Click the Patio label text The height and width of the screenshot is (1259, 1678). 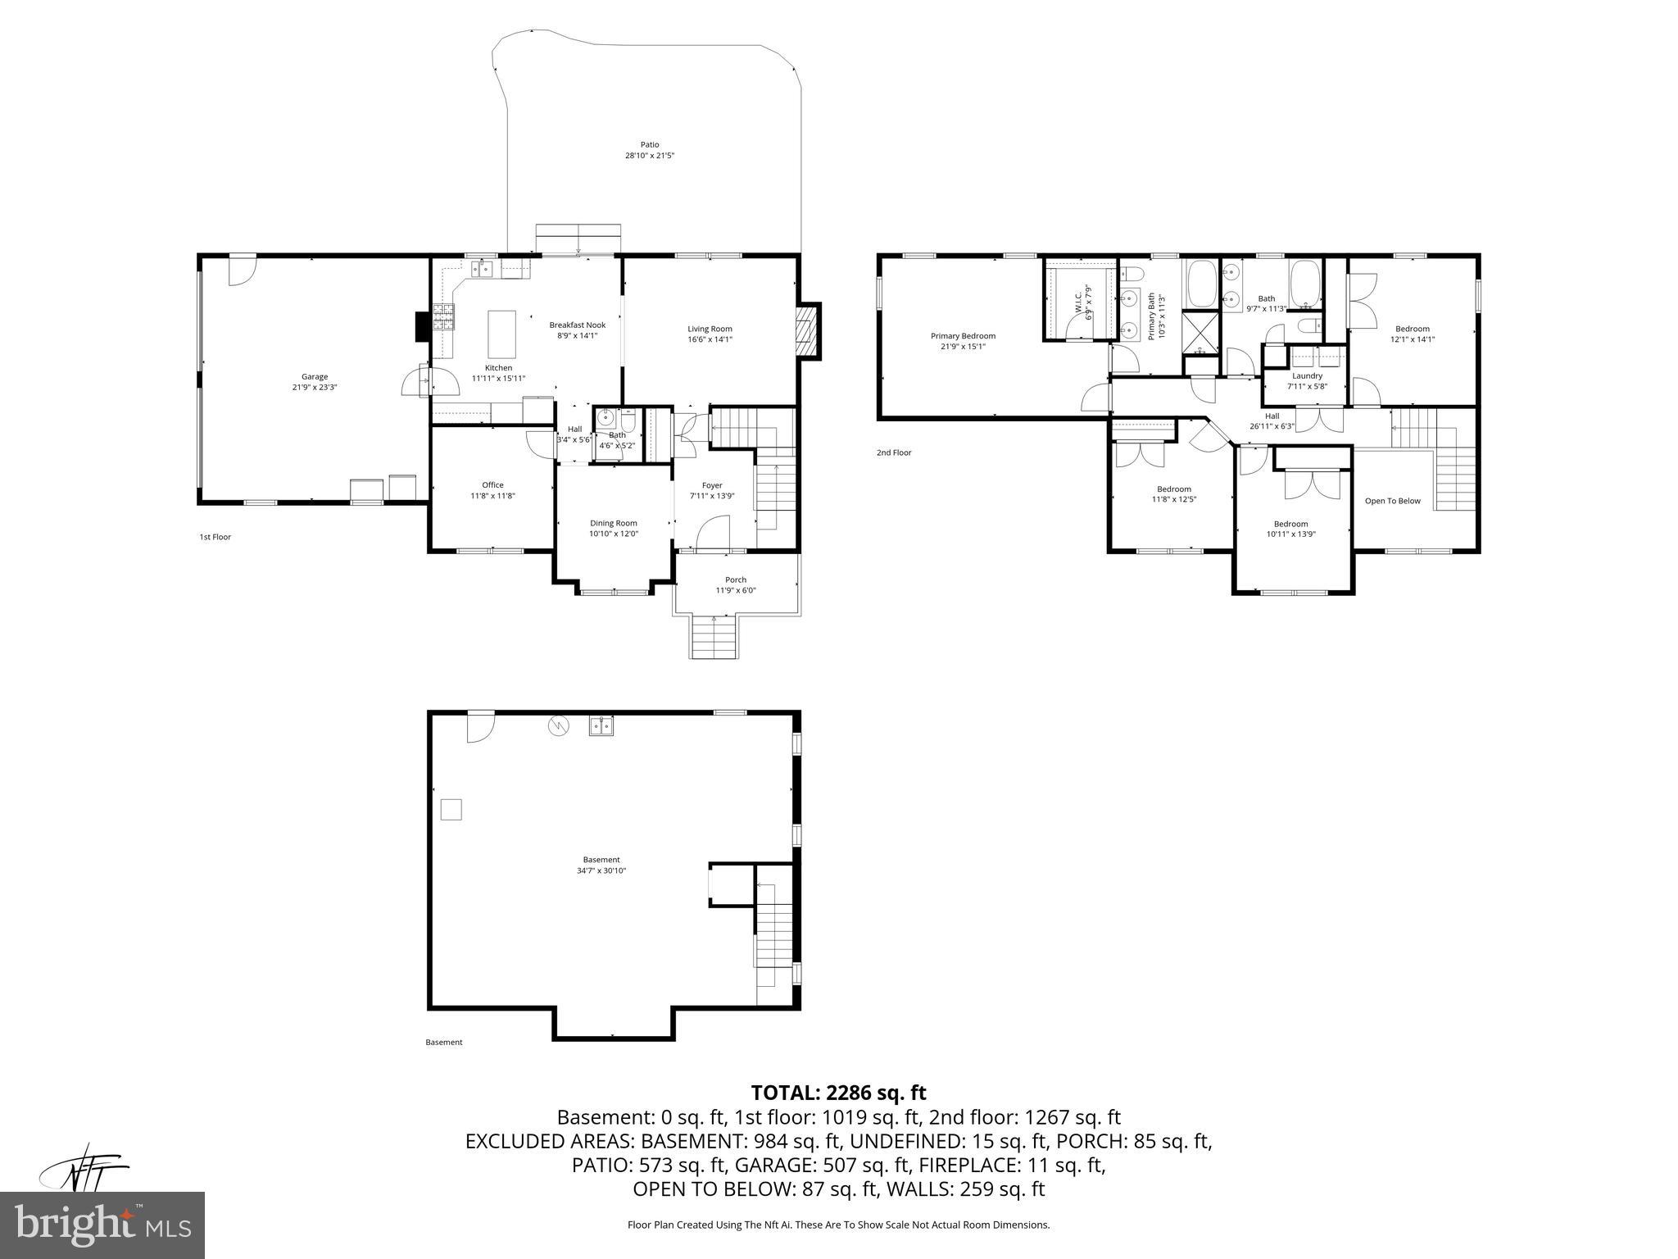(649, 145)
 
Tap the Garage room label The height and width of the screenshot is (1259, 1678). (315, 377)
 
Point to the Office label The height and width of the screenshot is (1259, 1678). (492, 485)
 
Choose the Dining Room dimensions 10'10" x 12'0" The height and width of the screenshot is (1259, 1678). (614, 534)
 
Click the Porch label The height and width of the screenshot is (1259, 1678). (736, 580)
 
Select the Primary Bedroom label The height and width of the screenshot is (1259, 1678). (963, 336)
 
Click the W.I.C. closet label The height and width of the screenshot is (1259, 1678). (1078, 302)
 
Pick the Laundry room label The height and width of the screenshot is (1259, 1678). (1307, 376)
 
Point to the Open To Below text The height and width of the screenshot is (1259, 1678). (1392, 501)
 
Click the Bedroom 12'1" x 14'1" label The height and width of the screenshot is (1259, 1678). (1413, 329)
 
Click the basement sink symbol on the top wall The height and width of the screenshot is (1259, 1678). (601, 726)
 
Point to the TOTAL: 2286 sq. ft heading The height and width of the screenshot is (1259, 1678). (838, 1093)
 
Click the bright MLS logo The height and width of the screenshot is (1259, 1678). (102, 1225)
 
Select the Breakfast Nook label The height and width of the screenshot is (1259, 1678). (577, 325)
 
